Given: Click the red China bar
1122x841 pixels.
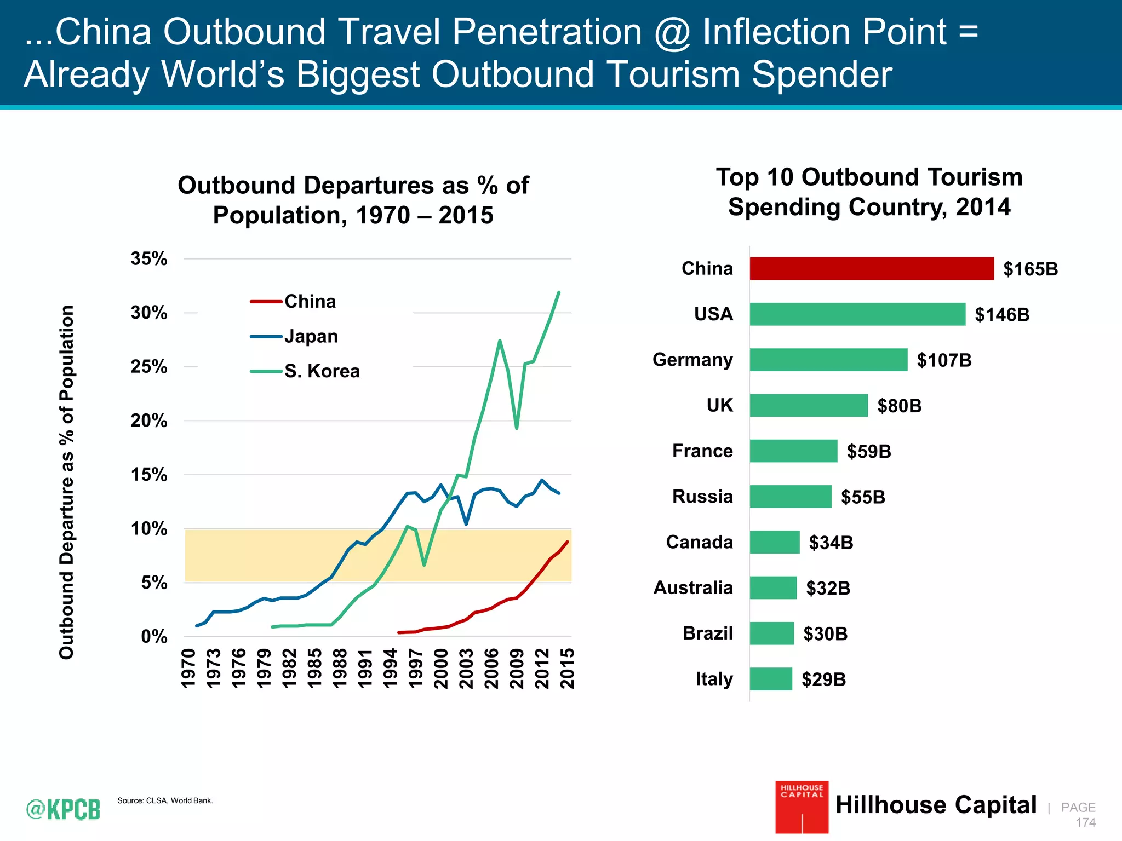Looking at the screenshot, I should pos(871,268).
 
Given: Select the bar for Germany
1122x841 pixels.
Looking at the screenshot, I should pos(828,360).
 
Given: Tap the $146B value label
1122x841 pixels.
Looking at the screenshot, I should pos(1002,315).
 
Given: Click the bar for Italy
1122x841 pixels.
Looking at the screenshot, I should pos(771,679).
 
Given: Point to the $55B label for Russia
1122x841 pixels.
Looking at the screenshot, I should pos(863,497).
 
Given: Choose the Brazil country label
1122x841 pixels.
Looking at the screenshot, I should pos(707,633).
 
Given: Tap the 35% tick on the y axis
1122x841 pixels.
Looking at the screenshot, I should pos(148,258).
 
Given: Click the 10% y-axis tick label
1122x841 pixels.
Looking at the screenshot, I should pos(148,529).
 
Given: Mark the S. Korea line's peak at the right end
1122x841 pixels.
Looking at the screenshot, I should pos(559,292).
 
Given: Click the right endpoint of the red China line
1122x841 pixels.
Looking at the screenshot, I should pos(568,542).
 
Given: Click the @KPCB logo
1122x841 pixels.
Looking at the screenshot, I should pos(64,809).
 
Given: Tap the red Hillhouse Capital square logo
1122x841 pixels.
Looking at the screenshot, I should pos(802,807).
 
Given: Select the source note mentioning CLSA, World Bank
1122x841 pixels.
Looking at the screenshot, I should pos(165,800).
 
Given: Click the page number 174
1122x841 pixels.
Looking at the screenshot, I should pos(1085,822).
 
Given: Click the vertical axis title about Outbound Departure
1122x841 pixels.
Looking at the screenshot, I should pos(66,482).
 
